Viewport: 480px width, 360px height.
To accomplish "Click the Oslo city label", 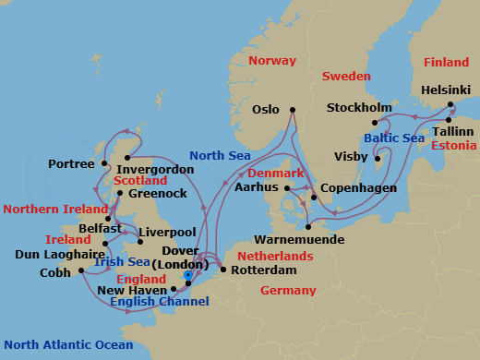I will [265, 110].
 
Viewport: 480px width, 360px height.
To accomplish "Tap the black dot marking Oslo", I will [293, 110].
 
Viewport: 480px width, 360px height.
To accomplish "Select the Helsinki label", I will [446, 90].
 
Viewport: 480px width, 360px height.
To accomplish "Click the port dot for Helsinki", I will [450, 104].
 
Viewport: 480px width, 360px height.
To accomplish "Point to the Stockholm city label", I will [359, 109].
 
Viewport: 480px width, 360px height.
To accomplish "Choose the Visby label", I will [352, 157].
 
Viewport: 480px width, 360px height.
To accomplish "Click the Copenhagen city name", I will [358, 188].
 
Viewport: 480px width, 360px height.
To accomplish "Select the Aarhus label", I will [257, 187].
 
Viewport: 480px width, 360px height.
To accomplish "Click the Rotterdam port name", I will [264, 270].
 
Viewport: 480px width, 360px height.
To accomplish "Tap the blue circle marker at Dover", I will [188, 274].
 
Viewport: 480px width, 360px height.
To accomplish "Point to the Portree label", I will [72, 164].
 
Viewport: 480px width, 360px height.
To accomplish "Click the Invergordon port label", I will [157, 170].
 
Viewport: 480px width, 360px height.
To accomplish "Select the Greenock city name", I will [158, 194].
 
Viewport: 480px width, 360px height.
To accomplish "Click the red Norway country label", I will [273, 61].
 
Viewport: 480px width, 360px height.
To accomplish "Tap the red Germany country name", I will [288, 291].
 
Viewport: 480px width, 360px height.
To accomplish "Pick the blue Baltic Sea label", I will [394, 138].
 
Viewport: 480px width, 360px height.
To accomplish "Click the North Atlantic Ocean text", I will [67, 346].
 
